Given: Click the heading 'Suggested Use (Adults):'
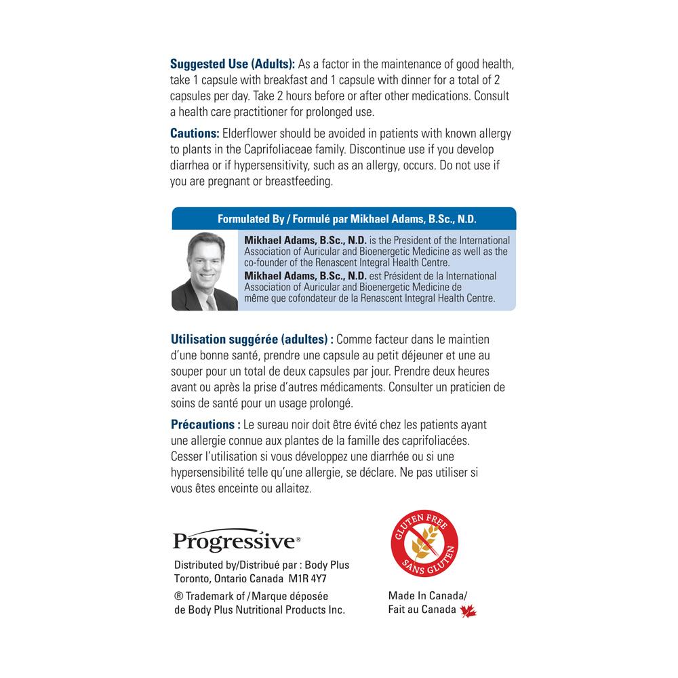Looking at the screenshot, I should click(233, 64).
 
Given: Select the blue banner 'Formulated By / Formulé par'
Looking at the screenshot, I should click(344, 219).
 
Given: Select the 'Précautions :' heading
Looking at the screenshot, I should click(205, 424).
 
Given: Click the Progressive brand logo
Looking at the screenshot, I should click(237, 540).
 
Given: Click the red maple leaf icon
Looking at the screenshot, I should click(468, 611).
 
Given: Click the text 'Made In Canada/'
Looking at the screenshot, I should click(428, 596).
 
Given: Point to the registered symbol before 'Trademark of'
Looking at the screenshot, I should click(179, 596).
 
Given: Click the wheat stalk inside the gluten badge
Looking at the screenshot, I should click(421, 544).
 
